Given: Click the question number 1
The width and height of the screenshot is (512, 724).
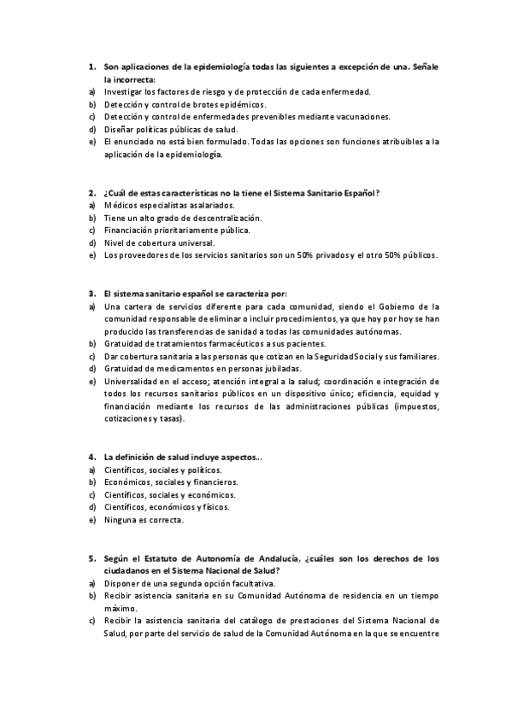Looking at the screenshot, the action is point(91,67).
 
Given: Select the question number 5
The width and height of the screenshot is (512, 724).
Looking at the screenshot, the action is point(91,558).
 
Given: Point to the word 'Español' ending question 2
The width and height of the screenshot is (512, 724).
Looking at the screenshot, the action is point(361,193).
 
